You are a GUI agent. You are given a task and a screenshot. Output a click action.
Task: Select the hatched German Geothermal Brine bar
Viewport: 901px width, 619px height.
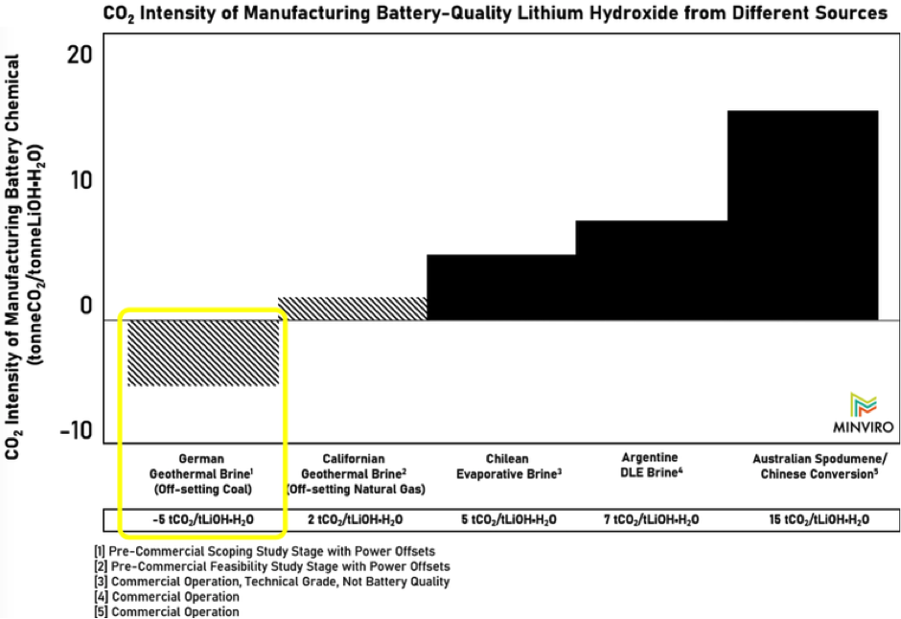[202, 353]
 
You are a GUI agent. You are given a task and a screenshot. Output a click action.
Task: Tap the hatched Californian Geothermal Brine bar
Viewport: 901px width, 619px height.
[352, 308]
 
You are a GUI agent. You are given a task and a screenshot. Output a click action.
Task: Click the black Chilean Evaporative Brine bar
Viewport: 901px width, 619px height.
[500, 287]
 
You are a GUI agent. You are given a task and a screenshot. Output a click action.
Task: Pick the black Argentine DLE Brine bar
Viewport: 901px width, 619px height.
[651, 270]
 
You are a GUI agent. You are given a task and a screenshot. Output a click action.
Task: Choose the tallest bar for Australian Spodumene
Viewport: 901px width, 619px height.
[802, 215]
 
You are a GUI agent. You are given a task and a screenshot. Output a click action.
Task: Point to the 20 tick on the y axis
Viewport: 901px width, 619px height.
[80, 55]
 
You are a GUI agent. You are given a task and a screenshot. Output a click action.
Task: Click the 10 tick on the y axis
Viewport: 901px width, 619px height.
[80, 181]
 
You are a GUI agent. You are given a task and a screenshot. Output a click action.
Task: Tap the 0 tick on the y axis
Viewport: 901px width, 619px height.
[84, 307]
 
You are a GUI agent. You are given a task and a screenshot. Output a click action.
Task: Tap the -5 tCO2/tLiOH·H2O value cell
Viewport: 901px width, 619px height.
[202, 519]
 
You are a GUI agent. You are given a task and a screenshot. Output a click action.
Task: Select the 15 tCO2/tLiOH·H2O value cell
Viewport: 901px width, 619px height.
[820, 519]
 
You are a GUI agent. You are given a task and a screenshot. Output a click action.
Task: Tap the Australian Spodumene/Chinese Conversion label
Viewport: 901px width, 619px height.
[820, 466]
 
